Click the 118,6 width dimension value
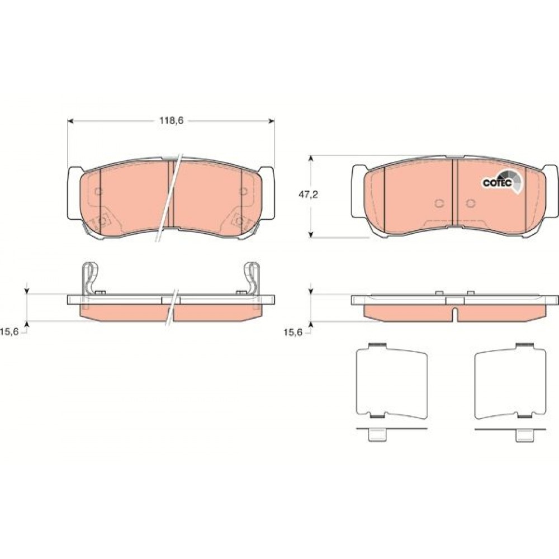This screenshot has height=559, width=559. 171,121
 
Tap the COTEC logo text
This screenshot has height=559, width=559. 498,183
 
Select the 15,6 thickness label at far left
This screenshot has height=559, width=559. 11,332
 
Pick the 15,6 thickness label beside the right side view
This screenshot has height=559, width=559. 293,332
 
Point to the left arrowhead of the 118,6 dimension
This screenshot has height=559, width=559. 70,121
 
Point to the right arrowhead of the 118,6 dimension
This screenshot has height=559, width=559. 272,121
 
